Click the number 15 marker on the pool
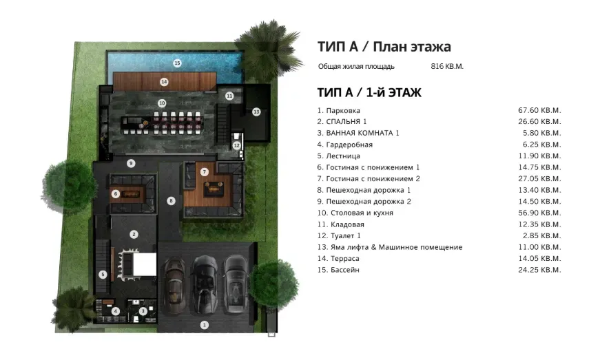(x=177, y=63)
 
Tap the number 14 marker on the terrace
(x=164, y=81)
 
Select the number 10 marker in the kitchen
(x=162, y=103)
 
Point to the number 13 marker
(x=256, y=111)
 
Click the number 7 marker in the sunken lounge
(x=204, y=171)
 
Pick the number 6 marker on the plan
(x=116, y=193)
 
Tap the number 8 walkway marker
(x=171, y=200)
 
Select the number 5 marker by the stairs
(x=103, y=274)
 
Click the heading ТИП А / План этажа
(x=384, y=47)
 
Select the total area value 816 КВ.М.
(x=446, y=67)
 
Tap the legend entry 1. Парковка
(x=339, y=110)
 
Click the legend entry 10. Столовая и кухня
(x=355, y=213)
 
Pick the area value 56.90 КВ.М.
(x=539, y=213)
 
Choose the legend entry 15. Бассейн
(x=338, y=270)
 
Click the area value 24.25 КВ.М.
(x=539, y=270)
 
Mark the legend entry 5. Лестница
(x=339, y=156)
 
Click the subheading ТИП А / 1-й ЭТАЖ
(x=369, y=92)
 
